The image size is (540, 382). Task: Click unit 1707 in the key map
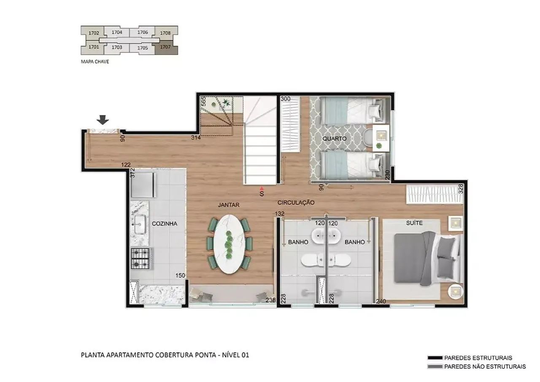(x=166, y=48)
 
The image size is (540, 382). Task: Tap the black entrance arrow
(x=103, y=120)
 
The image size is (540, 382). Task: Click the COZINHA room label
(x=165, y=224)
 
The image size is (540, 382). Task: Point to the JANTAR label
(x=229, y=205)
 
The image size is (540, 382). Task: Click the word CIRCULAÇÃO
(x=296, y=203)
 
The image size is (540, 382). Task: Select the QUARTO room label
(x=335, y=139)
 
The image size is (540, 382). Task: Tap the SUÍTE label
(x=414, y=223)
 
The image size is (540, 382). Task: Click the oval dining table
(x=229, y=244)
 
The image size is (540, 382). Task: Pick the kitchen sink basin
(x=140, y=224)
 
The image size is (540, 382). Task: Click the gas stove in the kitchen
(x=140, y=259)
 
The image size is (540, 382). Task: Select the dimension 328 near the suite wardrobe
(x=460, y=189)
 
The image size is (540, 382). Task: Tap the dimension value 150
(x=180, y=275)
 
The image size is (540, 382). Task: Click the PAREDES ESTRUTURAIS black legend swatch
(x=435, y=358)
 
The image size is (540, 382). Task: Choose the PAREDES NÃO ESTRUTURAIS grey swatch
(x=435, y=366)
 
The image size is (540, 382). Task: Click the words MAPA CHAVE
(x=95, y=61)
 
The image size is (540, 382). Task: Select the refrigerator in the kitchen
(x=143, y=185)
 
